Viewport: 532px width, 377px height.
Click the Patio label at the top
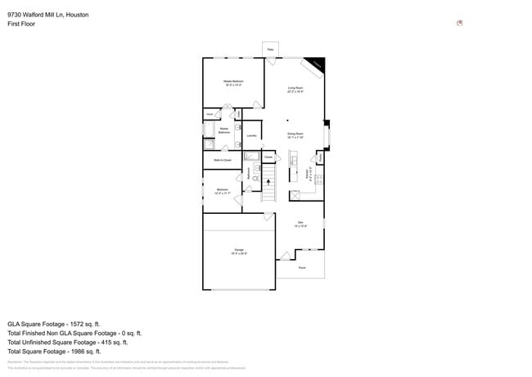(x=270, y=50)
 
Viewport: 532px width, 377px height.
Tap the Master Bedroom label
(x=233, y=83)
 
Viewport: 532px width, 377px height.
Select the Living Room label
(x=295, y=89)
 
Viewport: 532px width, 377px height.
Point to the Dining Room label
(x=295, y=135)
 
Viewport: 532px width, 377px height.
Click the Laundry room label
(x=251, y=136)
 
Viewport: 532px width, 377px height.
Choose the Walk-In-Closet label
(x=222, y=160)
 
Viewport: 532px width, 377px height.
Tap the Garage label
(x=240, y=250)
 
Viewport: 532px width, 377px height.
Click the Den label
(x=300, y=223)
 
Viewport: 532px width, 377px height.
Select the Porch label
(x=301, y=267)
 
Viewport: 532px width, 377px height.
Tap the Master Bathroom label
(x=223, y=131)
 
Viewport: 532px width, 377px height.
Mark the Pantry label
(x=320, y=157)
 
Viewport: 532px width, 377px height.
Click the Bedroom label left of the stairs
(x=222, y=191)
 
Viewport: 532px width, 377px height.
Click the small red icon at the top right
(x=459, y=23)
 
